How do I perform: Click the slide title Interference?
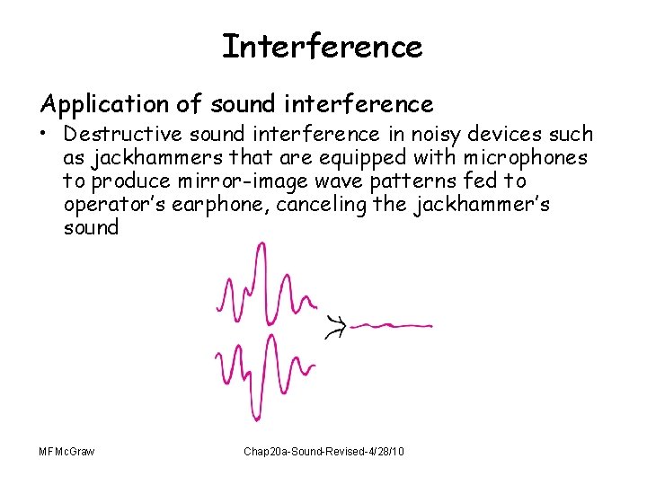322,47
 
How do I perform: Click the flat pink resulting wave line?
392,325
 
